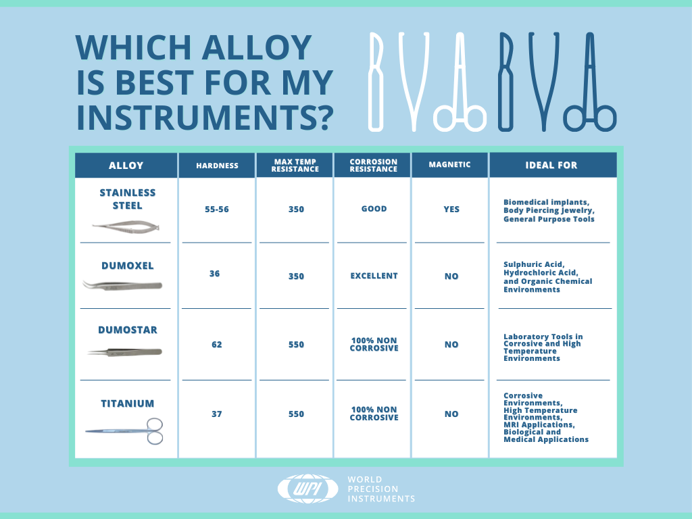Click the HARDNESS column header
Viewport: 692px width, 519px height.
pos(217,166)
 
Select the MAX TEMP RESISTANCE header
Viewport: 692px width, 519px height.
pos(295,166)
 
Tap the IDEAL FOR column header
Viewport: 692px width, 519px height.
pos(551,165)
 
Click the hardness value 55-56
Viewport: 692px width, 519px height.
pos(217,209)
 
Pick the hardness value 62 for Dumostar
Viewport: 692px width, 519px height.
pos(217,344)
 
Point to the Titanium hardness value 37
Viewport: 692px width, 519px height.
pos(217,414)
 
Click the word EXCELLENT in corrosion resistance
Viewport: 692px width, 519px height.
pos(374,276)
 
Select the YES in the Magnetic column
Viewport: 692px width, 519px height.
pos(451,209)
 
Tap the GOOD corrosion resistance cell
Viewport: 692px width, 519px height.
pos(374,209)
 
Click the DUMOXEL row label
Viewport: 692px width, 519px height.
pos(128,266)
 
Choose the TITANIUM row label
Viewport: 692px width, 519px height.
pos(128,403)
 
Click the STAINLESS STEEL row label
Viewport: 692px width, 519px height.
pos(128,199)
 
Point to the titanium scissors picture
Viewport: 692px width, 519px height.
pos(124,430)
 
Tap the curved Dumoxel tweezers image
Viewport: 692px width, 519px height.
pos(123,285)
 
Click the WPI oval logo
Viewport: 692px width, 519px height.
pos(308,489)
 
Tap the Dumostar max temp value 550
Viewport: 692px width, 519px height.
pos(296,344)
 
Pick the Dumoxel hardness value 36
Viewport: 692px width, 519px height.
pos(214,274)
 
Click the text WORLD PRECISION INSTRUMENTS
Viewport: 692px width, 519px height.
pos(381,489)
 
